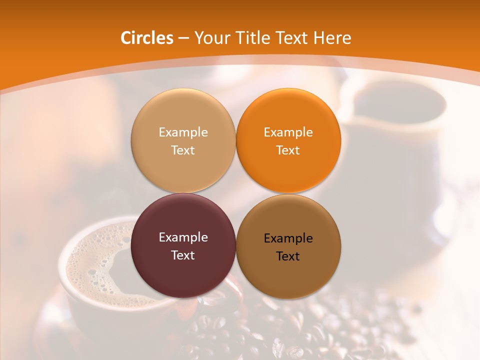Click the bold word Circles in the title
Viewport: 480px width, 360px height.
click(147, 38)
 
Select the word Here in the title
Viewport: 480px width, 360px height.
click(331, 38)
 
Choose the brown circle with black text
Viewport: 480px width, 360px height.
click(288, 272)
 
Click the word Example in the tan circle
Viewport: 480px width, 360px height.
click(183, 132)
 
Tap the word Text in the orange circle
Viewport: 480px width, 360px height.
click(288, 150)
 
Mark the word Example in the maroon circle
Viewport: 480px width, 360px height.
click(183, 237)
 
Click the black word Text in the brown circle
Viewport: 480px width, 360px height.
click(288, 256)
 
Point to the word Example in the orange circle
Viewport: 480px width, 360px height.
click(288, 132)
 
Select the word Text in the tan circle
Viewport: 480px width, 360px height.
click(183, 150)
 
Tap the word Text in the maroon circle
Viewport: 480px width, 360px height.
click(183, 255)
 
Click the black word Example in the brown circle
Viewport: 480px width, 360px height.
click(288, 238)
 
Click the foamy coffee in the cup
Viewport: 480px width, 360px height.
click(100, 265)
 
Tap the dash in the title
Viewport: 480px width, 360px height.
click(183, 38)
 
